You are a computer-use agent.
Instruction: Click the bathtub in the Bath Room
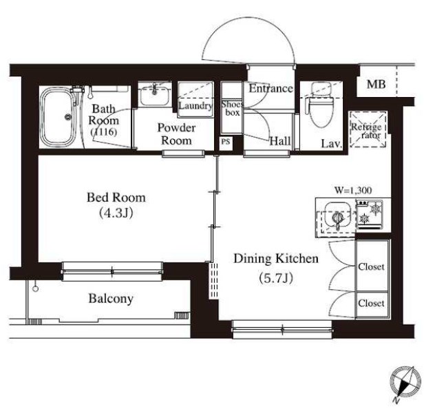click(58, 117)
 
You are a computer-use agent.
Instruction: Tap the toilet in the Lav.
click(320, 105)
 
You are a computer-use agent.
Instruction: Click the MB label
click(376, 85)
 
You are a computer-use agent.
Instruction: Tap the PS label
click(226, 141)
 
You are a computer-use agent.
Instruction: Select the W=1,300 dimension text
click(353, 190)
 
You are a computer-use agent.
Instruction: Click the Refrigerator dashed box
click(368, 129)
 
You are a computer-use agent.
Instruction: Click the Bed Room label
click(116, 198)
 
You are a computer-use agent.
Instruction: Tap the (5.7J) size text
click(276, 278)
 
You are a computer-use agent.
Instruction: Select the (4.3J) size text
click(116, 213)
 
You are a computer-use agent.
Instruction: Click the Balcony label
click(111, 299)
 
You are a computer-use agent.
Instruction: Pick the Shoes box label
click(231, 108)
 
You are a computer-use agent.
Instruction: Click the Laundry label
click(195, 106)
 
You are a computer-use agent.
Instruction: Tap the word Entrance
click(271, 88)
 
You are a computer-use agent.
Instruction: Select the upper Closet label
click(371, 266)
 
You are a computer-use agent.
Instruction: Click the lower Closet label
click(371, 303)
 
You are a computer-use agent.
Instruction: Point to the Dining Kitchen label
click(276, 259)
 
